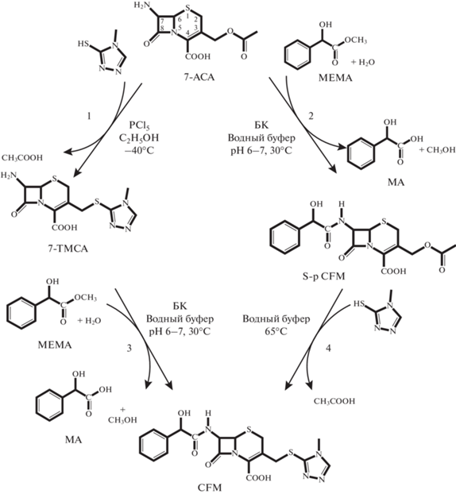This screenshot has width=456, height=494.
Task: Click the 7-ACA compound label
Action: point(199,77)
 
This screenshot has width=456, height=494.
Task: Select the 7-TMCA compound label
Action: point(68,249)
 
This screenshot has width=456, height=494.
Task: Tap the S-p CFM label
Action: point(323,276)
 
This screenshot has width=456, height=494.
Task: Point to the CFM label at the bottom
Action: point(210,488)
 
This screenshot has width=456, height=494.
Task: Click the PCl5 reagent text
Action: point(139,126)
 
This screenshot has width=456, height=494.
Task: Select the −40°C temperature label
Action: point(139,150)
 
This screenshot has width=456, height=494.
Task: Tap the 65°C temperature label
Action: point(276,331)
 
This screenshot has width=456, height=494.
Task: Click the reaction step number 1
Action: point(89,117)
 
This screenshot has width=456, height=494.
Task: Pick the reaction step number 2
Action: point(311,116)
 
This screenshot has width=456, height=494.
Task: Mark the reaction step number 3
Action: point(129,349)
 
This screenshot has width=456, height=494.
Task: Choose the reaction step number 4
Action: point(328,349)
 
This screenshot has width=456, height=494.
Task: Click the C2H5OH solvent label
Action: point(139,138)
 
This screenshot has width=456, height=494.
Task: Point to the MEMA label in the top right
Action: point(335,78)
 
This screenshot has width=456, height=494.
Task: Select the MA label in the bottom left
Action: point(74,439)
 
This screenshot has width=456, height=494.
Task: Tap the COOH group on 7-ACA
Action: point(198,56)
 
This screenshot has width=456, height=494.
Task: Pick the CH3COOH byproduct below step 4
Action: point(334,401)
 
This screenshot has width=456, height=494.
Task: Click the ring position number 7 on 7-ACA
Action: point(162,21)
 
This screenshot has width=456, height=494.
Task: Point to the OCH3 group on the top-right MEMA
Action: point(355,40)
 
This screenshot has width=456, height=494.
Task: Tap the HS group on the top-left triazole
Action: point(83,44)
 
